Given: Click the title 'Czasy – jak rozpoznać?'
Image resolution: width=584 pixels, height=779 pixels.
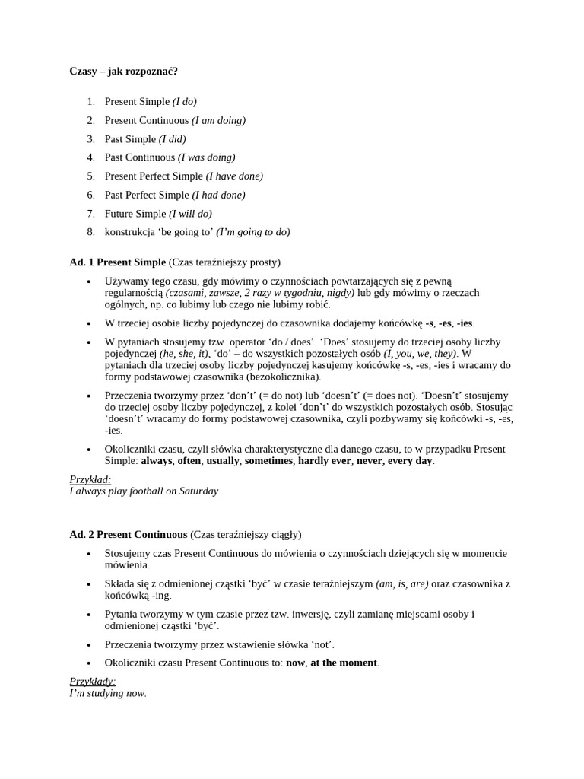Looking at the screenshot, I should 123,72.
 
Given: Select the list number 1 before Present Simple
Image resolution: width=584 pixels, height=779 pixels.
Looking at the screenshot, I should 90,102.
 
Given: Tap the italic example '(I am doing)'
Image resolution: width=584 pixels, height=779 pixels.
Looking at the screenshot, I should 218,120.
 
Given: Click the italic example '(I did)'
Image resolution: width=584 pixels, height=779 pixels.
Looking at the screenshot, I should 172,139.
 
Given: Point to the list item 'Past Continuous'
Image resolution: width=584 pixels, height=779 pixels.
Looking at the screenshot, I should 140,157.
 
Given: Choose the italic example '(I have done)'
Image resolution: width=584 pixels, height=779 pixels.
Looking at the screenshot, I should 234,176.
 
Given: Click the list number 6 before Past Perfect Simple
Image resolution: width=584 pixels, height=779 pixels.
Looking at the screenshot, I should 90,195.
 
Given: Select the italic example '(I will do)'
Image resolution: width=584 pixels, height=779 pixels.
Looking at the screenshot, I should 190,214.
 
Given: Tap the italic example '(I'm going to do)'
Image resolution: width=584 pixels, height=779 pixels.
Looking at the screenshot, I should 253,232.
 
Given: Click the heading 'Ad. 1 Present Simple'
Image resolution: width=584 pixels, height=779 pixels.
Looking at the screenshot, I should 117,262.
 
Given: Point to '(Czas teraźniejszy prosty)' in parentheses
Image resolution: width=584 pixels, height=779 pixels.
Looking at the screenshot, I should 224,262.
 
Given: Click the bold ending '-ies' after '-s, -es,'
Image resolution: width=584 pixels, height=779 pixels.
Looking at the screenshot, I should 465,323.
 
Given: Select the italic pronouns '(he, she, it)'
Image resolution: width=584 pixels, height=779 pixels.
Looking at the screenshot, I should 184,354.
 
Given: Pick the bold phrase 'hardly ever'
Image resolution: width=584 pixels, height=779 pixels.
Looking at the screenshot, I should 324,461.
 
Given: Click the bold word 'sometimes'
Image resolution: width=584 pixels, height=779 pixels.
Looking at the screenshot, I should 268,461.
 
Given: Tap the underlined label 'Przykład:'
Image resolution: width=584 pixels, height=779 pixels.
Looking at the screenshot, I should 90,480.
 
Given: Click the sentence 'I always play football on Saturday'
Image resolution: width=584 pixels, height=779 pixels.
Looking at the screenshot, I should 144,491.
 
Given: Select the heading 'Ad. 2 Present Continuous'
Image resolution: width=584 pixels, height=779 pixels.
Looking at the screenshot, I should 128,535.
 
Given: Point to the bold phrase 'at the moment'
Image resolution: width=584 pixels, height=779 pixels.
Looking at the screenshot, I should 344,663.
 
